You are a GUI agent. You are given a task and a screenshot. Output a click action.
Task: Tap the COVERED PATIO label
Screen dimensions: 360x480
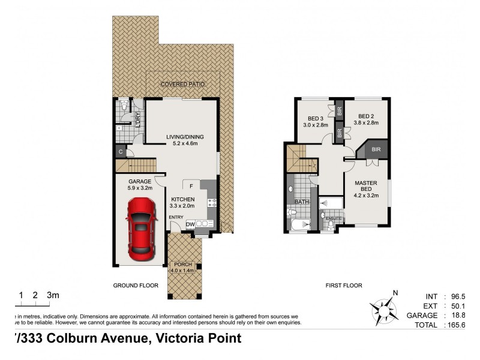pyautogui.click(x=184, y=85)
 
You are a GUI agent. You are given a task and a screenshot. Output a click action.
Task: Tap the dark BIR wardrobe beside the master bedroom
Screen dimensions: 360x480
pyautogui.click(x=376, y=149)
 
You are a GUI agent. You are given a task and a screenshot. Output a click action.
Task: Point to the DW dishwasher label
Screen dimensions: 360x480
pyautogui.click(x=190, y=224)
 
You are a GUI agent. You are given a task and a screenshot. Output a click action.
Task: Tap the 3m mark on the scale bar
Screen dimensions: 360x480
pyautogui.click(x=53, y=295)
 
